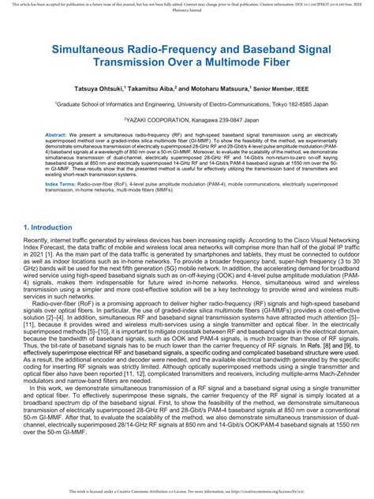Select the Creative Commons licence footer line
pos(187,491)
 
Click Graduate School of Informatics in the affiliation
pos(102,103)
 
